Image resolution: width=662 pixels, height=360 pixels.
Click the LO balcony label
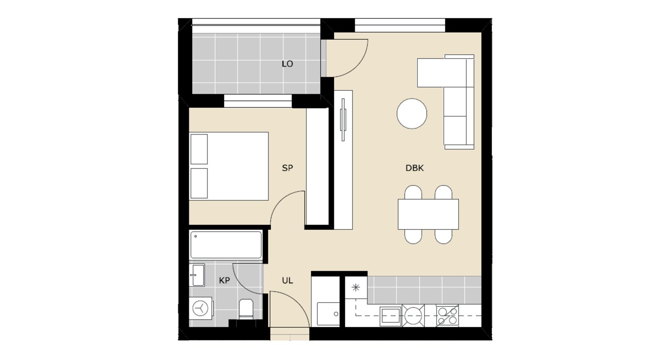tap(287, 64)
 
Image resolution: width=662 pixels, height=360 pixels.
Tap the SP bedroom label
tap(287, 168)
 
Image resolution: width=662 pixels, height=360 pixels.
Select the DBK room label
tap(415, 168)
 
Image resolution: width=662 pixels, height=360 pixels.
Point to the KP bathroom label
tap(224, 281)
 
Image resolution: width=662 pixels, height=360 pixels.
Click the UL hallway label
tap(287, 281)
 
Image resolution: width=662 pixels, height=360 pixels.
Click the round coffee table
tap(412, 113)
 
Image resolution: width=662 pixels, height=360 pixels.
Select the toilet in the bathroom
tap(246, 309)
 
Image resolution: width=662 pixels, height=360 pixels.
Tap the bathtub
tap(226, 245)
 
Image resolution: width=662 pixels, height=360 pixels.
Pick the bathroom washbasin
tap(196, 275)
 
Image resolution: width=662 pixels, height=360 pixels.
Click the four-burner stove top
tap(447, 316)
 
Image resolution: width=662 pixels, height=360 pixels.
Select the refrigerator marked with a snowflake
tap(356, 287)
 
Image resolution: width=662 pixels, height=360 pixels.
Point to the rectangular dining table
tap(428, 214)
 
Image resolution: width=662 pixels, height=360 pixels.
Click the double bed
tap(229, 166)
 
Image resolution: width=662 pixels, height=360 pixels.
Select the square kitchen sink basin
tap(390, 316)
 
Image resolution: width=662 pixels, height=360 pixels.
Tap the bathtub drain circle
tap(195, 236)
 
